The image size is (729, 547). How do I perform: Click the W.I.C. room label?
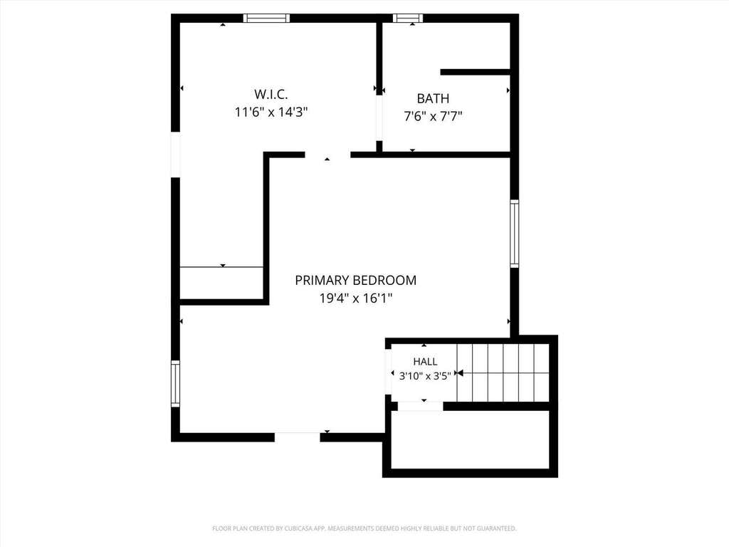[x=271, y=94]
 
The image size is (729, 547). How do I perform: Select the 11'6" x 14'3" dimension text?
[x=271, y=112]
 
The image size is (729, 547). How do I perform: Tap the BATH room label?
[x=433, y=98]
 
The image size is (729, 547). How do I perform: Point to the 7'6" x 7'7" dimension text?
[x=433, y=116]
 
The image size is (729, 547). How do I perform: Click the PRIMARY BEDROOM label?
[x=356, y=280]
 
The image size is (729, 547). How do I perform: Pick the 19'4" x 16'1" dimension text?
[x=356, y=298]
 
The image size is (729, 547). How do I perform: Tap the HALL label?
[x=425, y=361]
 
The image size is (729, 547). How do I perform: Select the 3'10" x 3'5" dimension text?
[x=425, y=376]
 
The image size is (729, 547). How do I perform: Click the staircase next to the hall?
[x=503, y=373]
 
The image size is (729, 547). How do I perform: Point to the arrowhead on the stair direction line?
[x=460, y=373]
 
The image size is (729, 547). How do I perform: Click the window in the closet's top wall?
[x=266, y=18]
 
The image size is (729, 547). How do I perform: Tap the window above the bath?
[x=408, y=18]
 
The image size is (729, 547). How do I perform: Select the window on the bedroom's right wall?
[x=514, y=234]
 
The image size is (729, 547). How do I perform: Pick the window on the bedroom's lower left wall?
[x=175, y=384]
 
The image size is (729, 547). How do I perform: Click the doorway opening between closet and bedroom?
[x=327, y=155]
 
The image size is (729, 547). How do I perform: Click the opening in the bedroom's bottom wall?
[x=297, y=437]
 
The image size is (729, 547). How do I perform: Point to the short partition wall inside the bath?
[x=475, y=72]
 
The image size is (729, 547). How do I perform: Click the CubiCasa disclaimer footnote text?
[x=364, y=528]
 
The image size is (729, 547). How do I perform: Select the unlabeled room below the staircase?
[x=470, y=439]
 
